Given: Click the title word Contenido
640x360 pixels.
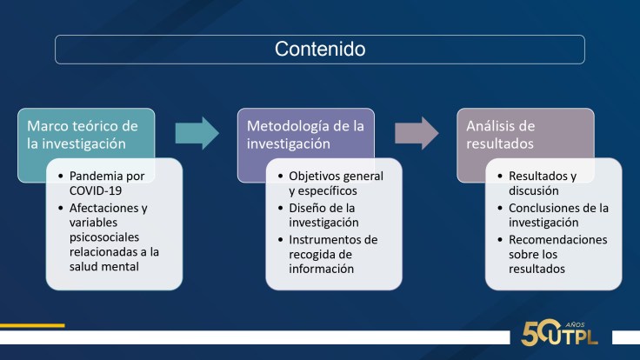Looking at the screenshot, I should pos(320,50).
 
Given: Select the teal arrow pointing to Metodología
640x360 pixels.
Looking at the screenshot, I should pos(197,132).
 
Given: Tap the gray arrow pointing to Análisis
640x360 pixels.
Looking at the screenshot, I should pos(417,132).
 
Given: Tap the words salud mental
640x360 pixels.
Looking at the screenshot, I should pos(108,265).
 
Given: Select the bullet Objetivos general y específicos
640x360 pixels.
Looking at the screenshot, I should pos(335,183).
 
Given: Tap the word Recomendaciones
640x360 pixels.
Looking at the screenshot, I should pos(558,240).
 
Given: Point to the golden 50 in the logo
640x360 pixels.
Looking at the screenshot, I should pos(537,330).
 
